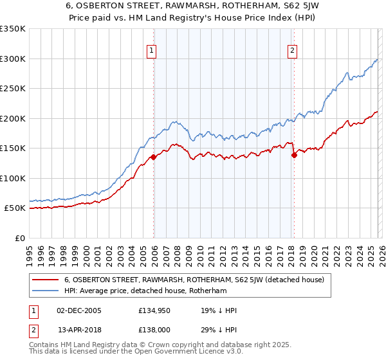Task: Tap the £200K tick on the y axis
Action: (x=13, y=118)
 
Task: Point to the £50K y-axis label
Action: (x=15, y=208)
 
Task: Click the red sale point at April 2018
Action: (x=294, y=155)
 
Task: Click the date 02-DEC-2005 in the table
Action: (x=79, y=310)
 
